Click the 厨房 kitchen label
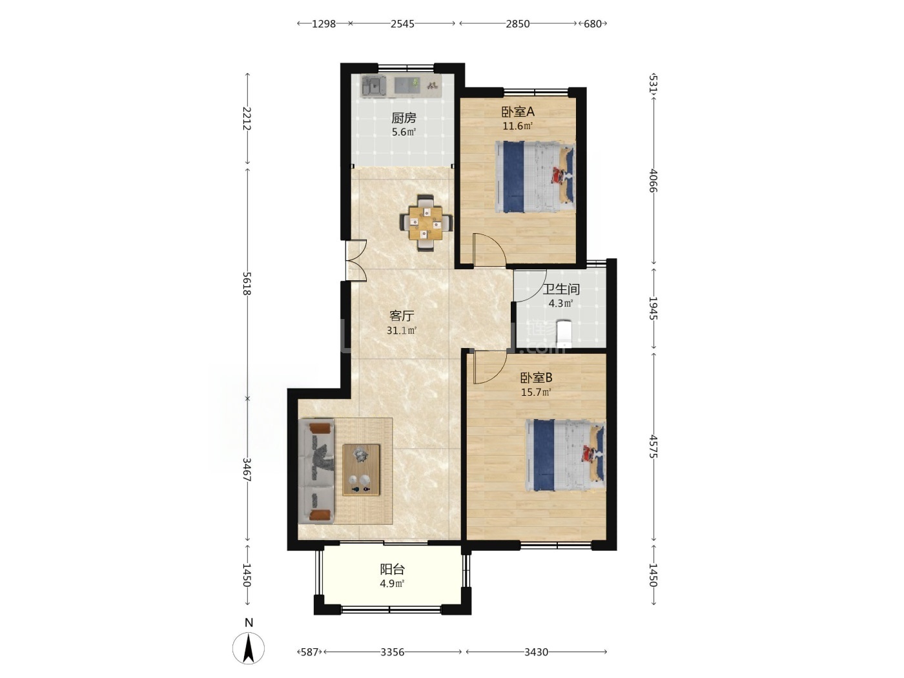click(x=403, y=118)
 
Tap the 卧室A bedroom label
click(x=518, y=112)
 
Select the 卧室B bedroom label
click(x=536, y=378)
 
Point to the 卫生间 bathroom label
click(x=561, y=289)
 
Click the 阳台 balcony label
click(x=392, y=570)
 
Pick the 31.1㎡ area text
click(x=402, y=330)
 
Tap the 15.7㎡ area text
click(x=536, y=393)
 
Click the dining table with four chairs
click(x=426, y=223)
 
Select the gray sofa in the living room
click(x=316, y=471)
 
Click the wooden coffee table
click(x=361, y=469)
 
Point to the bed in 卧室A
click(x=535, y=177)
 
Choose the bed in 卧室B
click(x=566, y=455)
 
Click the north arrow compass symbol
click(x=249, y=648)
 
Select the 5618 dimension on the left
click(x=247, y=283)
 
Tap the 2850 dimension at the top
click(x=518, y=24)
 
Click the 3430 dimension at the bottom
click(x=536, y=652)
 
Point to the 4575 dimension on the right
click(x=653, y=446)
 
